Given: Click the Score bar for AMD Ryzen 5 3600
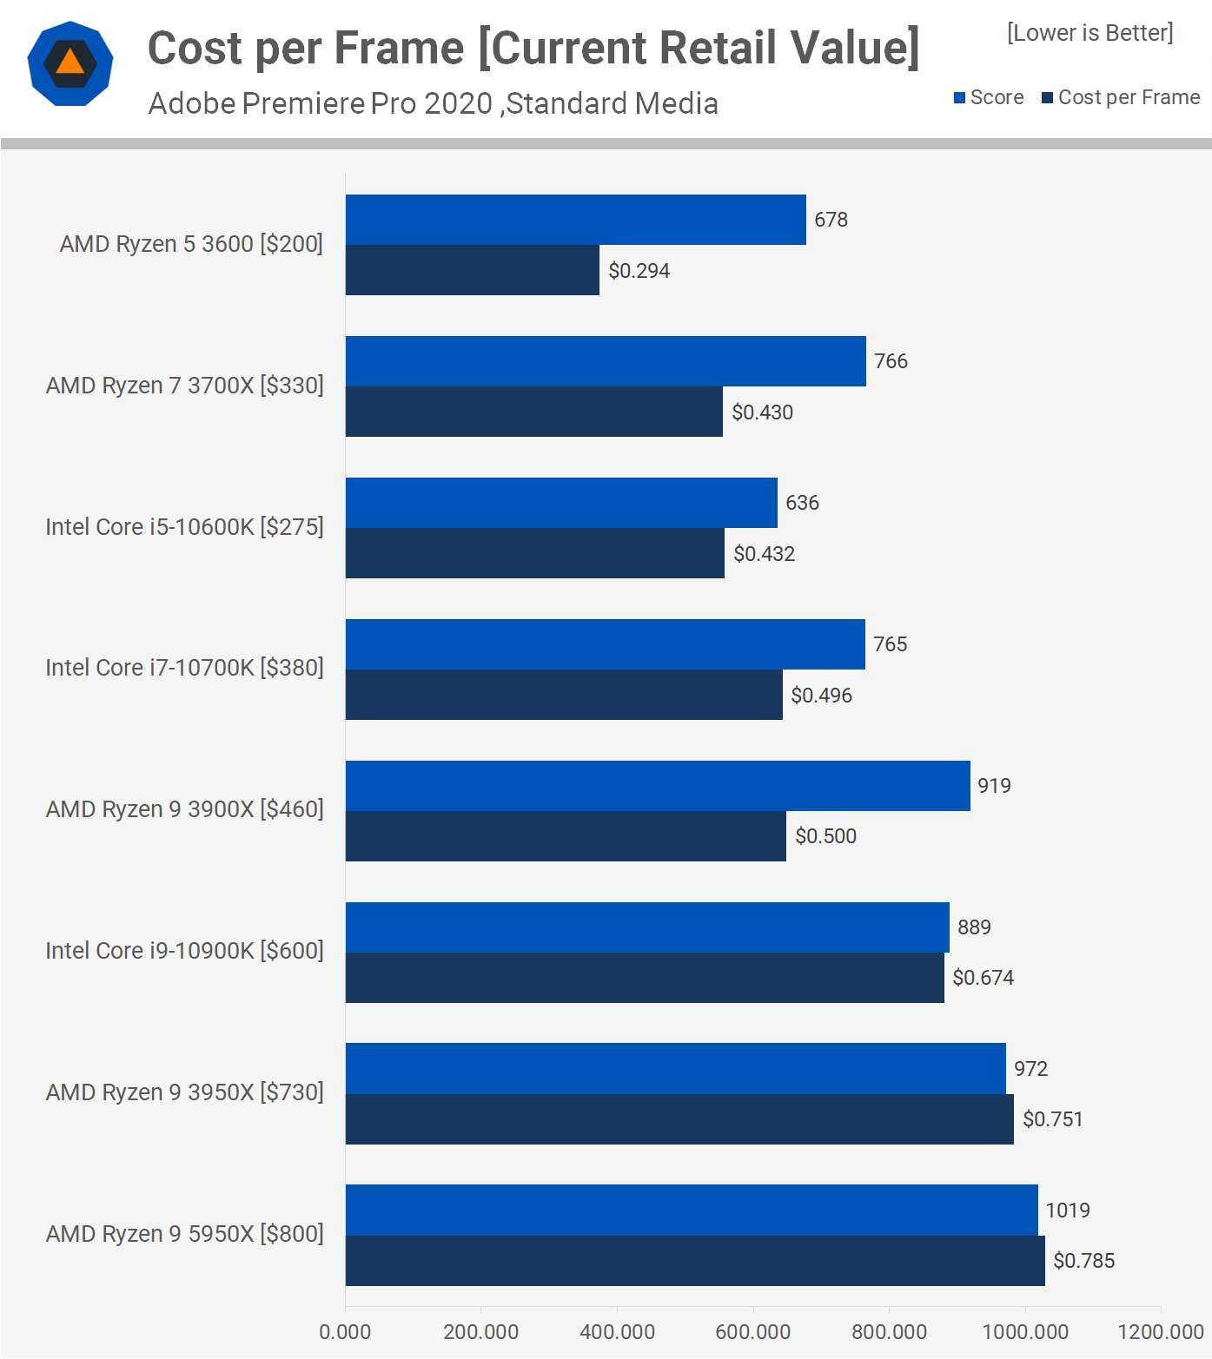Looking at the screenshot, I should point(575,220).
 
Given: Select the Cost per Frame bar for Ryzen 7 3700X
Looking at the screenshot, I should point(533,412).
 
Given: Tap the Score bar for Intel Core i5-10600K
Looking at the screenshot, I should point(561,503).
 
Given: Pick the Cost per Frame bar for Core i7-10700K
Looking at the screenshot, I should point(564,695).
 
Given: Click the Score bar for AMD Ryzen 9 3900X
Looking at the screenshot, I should point(658,786).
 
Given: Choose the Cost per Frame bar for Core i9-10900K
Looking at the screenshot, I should point(645,978).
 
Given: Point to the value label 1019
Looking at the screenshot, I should point(1067,1211).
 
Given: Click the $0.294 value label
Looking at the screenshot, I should point(639,271).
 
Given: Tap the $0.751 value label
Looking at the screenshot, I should point(1052,1119).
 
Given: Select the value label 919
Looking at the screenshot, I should point(994,786).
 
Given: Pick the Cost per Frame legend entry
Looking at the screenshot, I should point(1121,97).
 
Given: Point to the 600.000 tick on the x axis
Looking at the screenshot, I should point(752,1332).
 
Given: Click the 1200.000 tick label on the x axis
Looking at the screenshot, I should point(1160,1332).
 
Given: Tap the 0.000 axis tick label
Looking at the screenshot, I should point(345,1332).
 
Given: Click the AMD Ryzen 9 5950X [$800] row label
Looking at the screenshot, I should point(184,1234).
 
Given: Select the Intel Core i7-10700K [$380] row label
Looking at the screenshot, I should point(184,668).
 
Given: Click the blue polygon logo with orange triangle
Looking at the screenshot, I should point(70,64).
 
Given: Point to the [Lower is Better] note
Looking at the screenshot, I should point(1089,33).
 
